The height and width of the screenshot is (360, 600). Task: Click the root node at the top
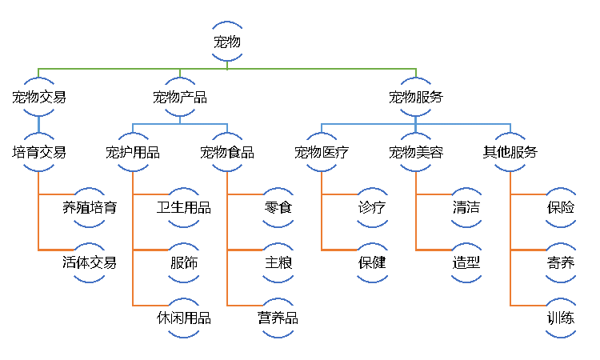pyautogui.click(x=227, y=42)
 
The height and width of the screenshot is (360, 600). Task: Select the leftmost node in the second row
pyautogui.click(x=38, y=97)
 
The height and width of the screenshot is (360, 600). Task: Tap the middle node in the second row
pyautogui.click(x=180, y=97)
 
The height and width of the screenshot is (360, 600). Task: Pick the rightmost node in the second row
pyautogui.click(x=416, y=97)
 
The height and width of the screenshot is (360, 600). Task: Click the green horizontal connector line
pyautogui.click(x=304, y=69)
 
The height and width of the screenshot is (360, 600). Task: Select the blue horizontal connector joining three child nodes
pyautogui.click(x=368, y=124)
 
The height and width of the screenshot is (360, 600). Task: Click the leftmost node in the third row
pyautogui.click(x=38, y=152)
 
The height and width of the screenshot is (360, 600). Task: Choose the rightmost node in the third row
pyautogui.click(x=510, y=152)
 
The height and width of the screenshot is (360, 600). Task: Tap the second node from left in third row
pyautogui.click(x=133, y=152)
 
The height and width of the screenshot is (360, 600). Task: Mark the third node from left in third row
pyautogui.click(x=227, y=152)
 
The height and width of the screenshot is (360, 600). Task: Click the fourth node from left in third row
pyautogui.click(x=322, y=152)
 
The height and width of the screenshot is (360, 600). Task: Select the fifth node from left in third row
pyautogui.click(x=416, y=152)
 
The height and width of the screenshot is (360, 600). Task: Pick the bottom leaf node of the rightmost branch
pyautogui.click(x=561, y=318)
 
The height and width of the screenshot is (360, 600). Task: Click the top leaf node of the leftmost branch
pyautogui.click(x=90, y=207)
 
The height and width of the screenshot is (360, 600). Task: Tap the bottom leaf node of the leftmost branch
pyautogui.click(x=90, y=262)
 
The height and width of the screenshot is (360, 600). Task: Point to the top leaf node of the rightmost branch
pyautogui.click(x=561, y=207)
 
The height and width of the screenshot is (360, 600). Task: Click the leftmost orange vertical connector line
pyautogui.click(x=38, y=216)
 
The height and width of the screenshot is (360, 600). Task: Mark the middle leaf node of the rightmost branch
pyautogui.click(x=561, y=262)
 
